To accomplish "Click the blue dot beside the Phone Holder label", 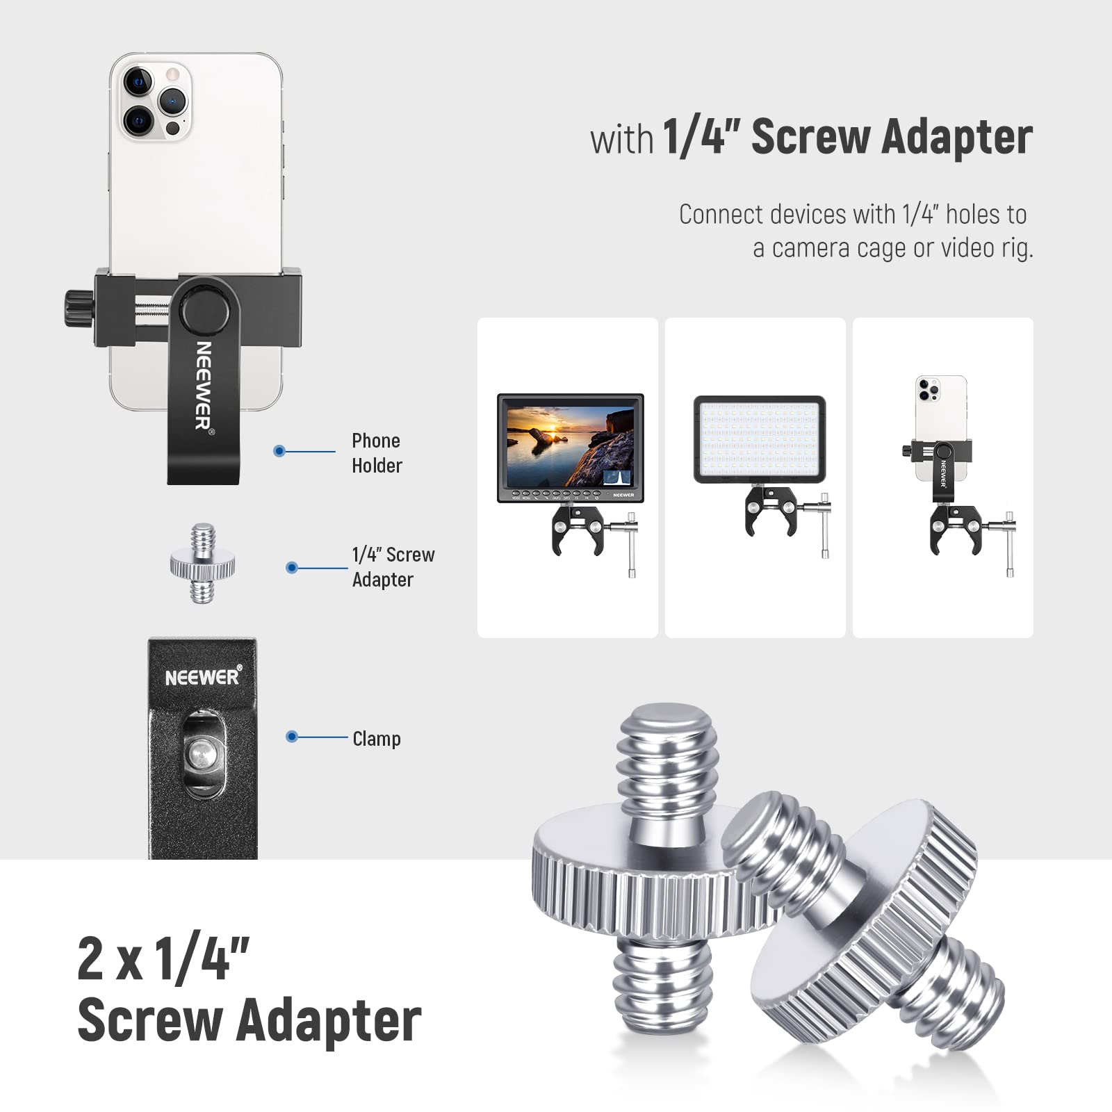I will click(279, 451).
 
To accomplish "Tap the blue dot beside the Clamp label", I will click(292, 737).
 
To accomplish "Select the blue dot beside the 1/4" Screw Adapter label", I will click(292, 568).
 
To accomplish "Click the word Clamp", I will click(376, 739).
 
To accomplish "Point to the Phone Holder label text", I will click(377, 452).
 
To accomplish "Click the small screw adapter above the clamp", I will click(202, 563).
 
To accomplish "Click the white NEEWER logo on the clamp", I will click(202, 677).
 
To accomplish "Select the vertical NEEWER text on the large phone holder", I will click(203, 384).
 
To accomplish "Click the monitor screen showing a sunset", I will click(570, 446).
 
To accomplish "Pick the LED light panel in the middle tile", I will click(760, 439).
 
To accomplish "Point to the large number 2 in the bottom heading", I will click(91, 958).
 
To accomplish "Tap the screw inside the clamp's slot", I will click(203, 753).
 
